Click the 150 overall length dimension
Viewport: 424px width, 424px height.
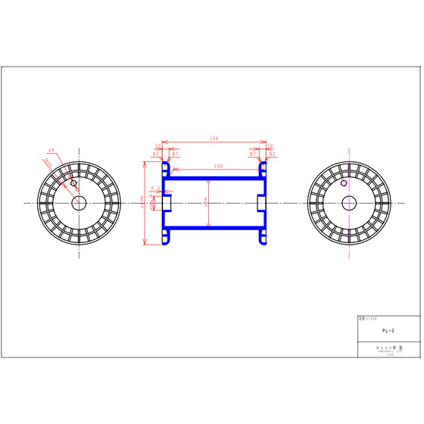coord(214,139)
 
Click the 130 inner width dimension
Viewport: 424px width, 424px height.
coord(218,166)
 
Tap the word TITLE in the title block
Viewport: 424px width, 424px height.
coord(369,320)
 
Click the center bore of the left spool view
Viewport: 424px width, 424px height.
coord(79,203)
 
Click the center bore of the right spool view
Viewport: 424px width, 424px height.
coord(349,203)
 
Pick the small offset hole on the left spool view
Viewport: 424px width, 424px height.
coord(73,183)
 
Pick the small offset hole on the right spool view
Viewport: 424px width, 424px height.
coord(344,183)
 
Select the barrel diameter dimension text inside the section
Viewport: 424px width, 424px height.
coord(206,203)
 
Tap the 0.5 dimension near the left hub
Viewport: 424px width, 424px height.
coord(155,188)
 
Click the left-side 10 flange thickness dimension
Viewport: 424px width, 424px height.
coord(158,145)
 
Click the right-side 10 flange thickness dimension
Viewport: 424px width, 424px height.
coord(270,145)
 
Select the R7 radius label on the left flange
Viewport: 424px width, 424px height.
coord(176,154)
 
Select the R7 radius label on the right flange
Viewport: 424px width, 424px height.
coord(252,154)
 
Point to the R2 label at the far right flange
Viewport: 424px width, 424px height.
coord(273,154)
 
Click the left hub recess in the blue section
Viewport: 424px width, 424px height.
coord(168,203)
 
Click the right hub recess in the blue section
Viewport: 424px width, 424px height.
coord(260,203)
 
